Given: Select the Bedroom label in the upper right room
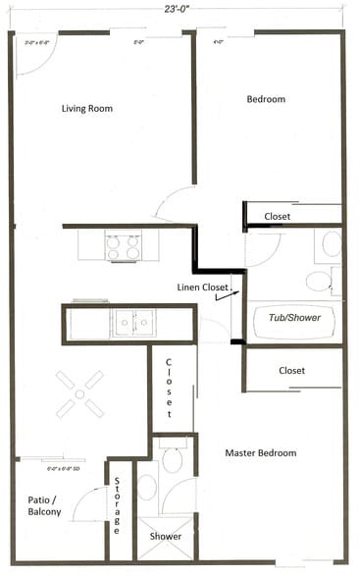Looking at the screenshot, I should coord(265,99).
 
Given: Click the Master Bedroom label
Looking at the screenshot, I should coord(260,452).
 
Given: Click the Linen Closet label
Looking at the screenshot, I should coord(201,287).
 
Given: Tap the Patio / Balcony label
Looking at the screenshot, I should coord(43,504).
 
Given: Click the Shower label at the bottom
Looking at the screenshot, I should coord(165,537).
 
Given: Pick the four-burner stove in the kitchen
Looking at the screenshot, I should coord(124,245).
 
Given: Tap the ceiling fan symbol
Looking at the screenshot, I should coord(79,393).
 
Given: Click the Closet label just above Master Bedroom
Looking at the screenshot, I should coord(291,371).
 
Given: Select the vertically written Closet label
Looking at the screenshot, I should coord(168,384).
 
